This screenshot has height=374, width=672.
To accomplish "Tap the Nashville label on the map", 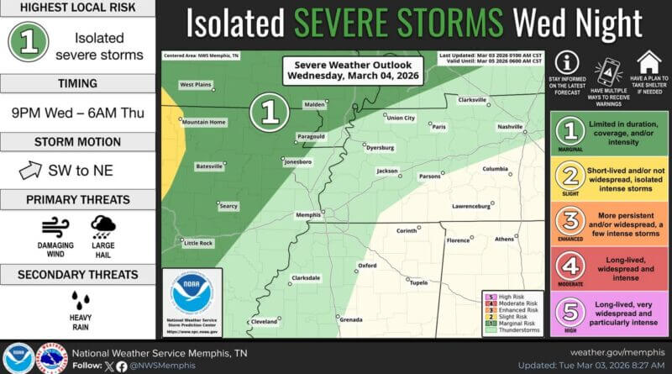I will [x=510, y=126].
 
